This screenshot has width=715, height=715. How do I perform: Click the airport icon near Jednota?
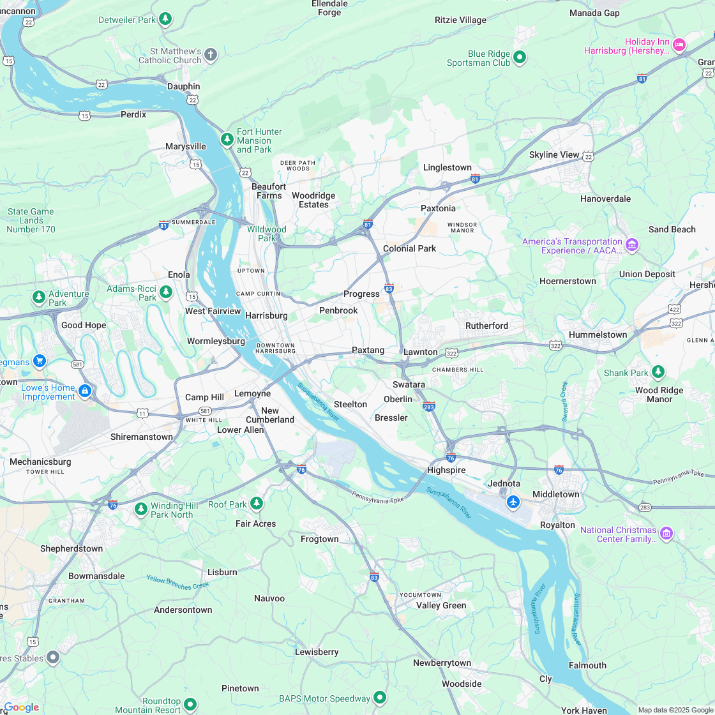tap(513, 502)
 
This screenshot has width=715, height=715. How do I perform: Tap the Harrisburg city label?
tap(266, 315)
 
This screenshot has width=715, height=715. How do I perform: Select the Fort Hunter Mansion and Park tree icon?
tap(227, 139)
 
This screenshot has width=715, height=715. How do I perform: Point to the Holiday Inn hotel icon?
tap(679, 44)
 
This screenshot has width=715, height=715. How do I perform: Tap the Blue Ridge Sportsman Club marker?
tap(520, 57)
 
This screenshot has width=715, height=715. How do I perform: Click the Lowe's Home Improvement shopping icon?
tap(85, 390)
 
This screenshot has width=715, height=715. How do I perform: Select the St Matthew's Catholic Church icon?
tap(211, 56)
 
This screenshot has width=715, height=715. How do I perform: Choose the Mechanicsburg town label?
tap(40, 462)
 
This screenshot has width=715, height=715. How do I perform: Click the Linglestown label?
tap(447, 167)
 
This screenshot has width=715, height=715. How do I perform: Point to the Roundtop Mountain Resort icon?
tap(190, 704)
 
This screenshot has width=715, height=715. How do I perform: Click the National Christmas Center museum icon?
tap(666, 533)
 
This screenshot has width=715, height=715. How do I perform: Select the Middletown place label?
tap(555, 494)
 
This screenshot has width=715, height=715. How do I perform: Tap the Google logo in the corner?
tap(21, 707)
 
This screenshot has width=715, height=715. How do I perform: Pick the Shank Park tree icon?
tap(658, 372)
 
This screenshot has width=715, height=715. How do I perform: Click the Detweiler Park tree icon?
tap(165, 19)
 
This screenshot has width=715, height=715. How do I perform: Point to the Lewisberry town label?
tap(317, 652)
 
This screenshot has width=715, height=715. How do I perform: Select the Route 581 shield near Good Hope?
tap(77, 365)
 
